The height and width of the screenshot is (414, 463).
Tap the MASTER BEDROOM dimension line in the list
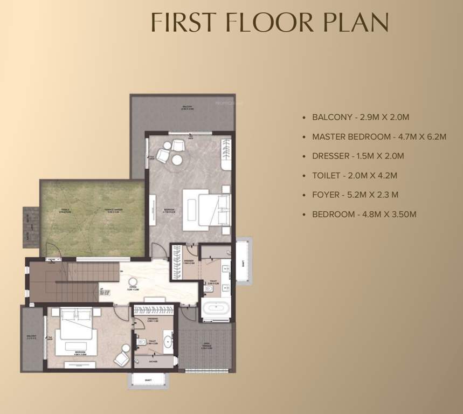coord(379,137)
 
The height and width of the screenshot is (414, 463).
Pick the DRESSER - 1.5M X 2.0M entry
coord(358,156)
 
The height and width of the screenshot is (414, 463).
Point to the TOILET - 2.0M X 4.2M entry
coord(355,176)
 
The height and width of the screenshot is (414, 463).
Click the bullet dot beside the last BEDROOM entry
coord(306,215)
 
